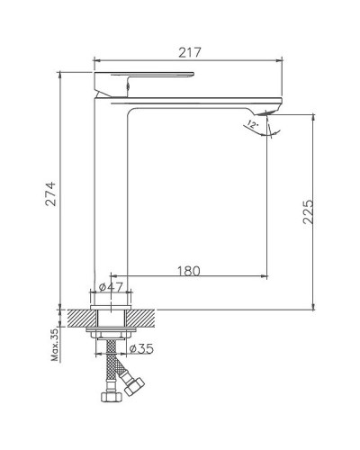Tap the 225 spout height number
click(310, 212)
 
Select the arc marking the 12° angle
click(270, 133)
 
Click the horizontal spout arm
click(207, 97)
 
